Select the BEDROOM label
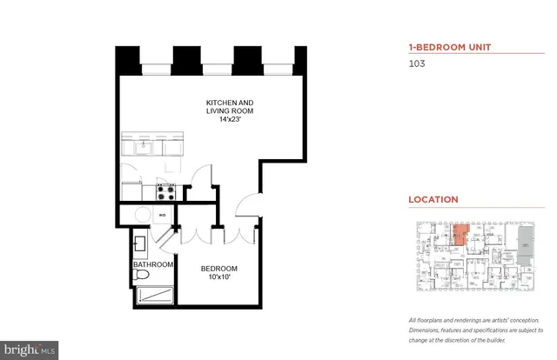[218, 269]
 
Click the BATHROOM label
[153, 264]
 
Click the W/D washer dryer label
[163, 213]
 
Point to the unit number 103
[417, 63]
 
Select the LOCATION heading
[433, 199]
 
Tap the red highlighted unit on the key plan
[460, 236]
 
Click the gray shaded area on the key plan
[523, 245]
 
